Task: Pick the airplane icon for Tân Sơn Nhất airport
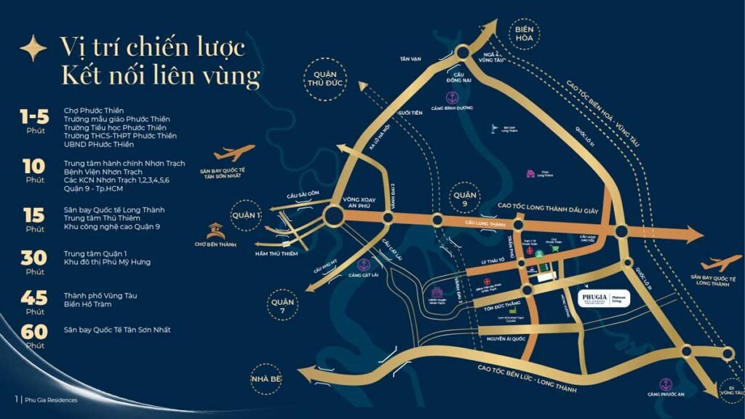click(234, 153)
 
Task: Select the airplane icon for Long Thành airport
click(722, 263)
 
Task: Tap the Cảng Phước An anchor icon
click(664, 383)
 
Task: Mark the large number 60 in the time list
click(35, 332)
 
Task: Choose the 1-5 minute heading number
click(35, 117)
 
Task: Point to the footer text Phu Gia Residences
click(51, 399)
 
